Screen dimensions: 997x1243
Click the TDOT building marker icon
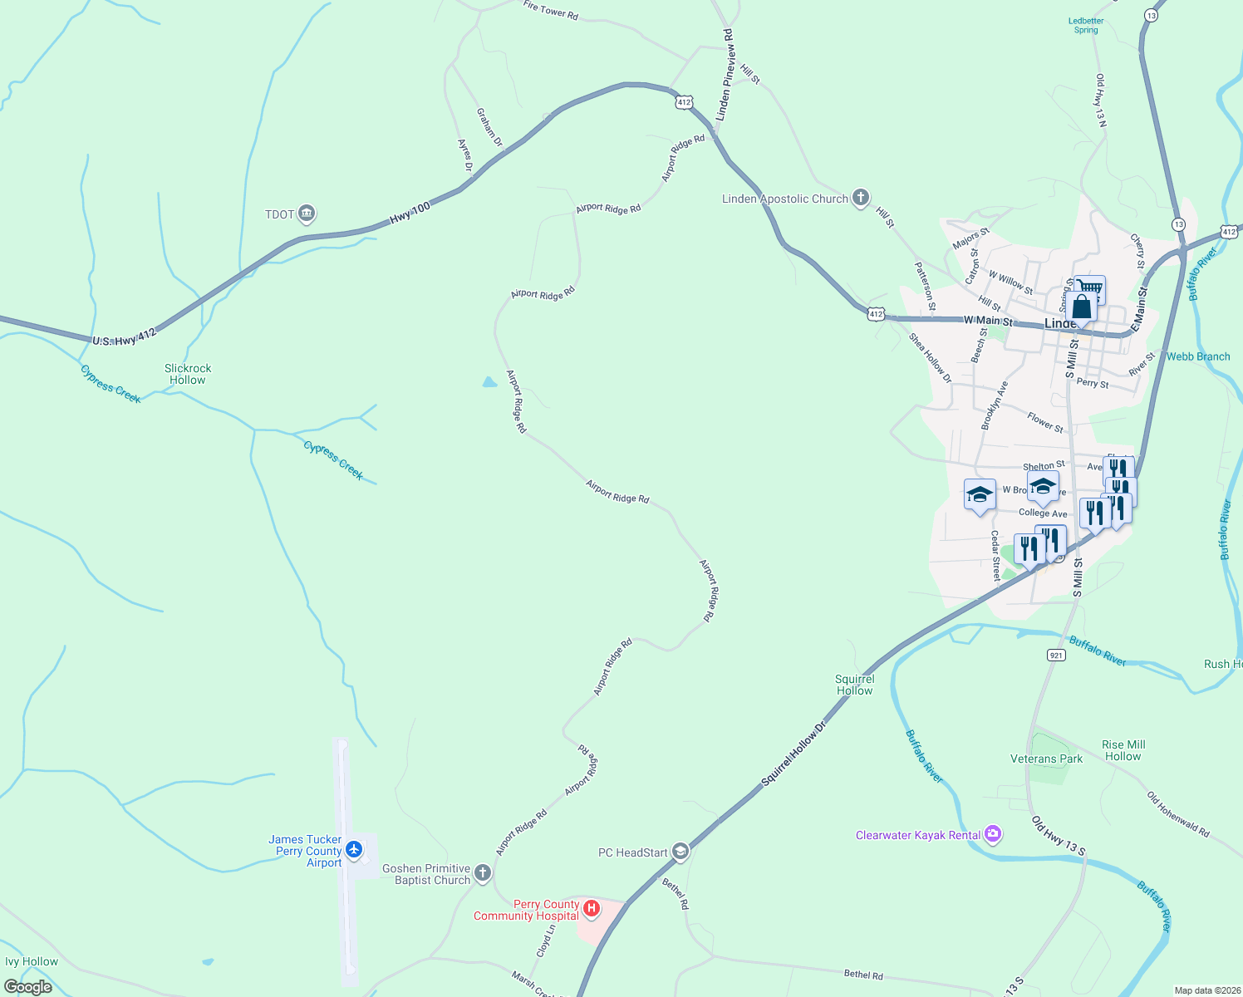tap(307, 214)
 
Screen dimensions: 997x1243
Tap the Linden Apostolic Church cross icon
tap(861, 199)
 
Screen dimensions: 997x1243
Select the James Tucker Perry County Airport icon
tap(355, 850)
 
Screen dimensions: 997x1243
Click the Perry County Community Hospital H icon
tap(592, 909)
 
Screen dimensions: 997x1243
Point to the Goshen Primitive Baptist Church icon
tap(483, 874)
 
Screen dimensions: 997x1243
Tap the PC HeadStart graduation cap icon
tap(680, 852)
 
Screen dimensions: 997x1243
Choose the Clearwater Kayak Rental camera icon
tap(993, 834)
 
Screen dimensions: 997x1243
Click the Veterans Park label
tap(1046, 759)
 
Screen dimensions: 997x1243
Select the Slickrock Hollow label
tap(188, 374)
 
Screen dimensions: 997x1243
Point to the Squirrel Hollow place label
tap(854, 685)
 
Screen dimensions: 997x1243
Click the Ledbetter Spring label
tap(1086, 26)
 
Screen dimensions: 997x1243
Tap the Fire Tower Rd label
tap(550, 10)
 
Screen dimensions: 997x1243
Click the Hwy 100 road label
tap(410, 212)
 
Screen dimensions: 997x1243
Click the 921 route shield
tap(1055, 656)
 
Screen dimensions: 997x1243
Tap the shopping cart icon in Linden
tap(1089, 288)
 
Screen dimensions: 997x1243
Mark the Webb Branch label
tap(1197, 356)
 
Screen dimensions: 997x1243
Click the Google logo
tap(28, 987)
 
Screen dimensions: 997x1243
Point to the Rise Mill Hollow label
tap(1123, 750)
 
